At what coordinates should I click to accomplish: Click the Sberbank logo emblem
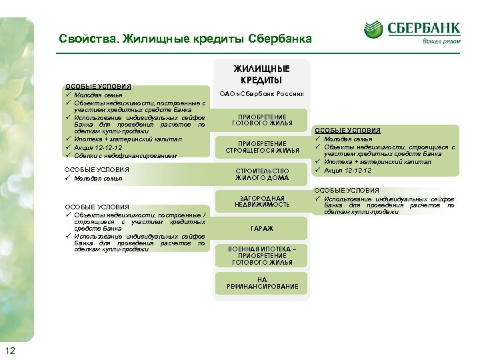pos(375,29)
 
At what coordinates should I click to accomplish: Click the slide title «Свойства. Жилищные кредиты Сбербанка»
pos(185,39)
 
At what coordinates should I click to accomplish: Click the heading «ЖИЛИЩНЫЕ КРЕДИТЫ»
pos(262,74)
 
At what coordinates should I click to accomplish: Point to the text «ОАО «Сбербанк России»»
pos(262,93)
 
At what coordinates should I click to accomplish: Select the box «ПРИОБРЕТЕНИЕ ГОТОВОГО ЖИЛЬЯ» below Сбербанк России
pos(262,119)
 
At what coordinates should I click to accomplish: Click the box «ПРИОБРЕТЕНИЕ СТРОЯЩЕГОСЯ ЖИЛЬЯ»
pos(262,147)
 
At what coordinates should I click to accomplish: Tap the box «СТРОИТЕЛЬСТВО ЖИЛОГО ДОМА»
pos(262,174)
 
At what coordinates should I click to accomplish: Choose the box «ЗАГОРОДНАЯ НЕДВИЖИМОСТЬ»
pos(262,201)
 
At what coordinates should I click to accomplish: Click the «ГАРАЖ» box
pos(262,228)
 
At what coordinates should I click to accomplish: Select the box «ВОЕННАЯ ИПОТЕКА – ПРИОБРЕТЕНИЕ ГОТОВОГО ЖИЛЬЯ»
pos(262,255)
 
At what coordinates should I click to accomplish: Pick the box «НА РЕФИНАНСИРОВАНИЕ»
pos(262,283)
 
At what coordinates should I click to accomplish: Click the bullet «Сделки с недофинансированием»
pos(126,155)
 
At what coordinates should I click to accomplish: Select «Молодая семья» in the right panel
pos(347,139)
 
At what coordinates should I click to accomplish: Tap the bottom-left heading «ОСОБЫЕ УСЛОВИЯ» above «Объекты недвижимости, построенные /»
pos(97,207)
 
